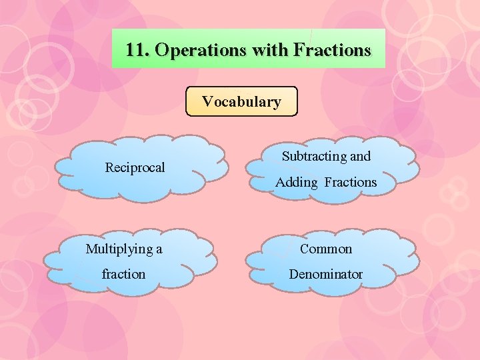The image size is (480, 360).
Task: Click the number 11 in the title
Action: pos(135,50)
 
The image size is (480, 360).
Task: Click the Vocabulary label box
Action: pos(241,102)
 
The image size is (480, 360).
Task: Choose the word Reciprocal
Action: pos(135,167)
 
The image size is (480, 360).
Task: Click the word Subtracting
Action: pos(314,157)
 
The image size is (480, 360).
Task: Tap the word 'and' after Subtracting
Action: pos(360,157)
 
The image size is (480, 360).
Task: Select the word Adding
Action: pos(296,182)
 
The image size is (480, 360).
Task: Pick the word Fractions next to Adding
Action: pos(351,182)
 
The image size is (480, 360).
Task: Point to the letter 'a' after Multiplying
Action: pos(159,249)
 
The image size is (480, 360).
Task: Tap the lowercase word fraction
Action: pos(123,274)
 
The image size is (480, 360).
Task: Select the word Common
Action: pos(326,249)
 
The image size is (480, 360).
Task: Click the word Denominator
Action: pos(326,274)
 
